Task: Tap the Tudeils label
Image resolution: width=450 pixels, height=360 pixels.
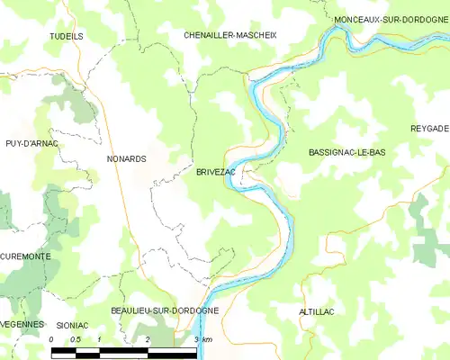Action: click(66, 36)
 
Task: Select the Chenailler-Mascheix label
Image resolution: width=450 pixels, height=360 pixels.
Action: click(230, 35)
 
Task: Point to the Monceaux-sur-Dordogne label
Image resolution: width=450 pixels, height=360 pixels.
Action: click(391, 19)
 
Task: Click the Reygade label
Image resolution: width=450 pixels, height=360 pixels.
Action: click(429, 129)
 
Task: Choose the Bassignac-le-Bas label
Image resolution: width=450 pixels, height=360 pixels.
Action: click(346, 153)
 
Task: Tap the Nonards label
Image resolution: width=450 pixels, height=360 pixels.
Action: click(126, 158)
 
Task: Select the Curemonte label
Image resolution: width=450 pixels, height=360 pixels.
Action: click(25, 256)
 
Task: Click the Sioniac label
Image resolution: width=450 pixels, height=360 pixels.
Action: click(72, 324)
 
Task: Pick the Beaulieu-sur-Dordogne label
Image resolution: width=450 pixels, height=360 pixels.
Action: click(165, 310)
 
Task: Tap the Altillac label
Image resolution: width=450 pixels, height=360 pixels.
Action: click(316, 310)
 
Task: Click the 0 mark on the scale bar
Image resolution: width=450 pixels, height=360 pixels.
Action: click(51, 339)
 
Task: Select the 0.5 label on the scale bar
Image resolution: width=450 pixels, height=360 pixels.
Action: click(76, 339)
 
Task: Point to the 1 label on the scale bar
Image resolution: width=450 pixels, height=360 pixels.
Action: click(100, 339)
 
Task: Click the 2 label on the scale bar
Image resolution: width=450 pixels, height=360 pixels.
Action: click(147, 339)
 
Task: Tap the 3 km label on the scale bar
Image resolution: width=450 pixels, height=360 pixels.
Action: click(202, 339)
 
